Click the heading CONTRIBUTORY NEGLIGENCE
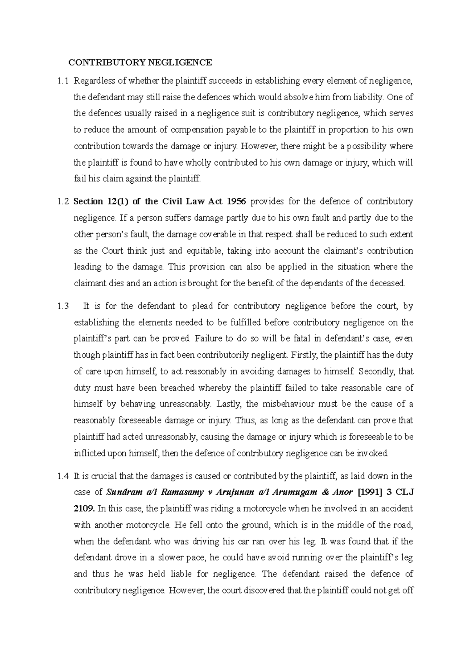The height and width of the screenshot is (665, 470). tap(140, 62)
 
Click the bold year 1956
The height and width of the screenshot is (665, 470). tap(235, 202)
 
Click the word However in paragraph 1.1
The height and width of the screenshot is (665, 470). tap(259, 146)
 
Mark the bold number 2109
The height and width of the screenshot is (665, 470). tap(84, 509)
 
